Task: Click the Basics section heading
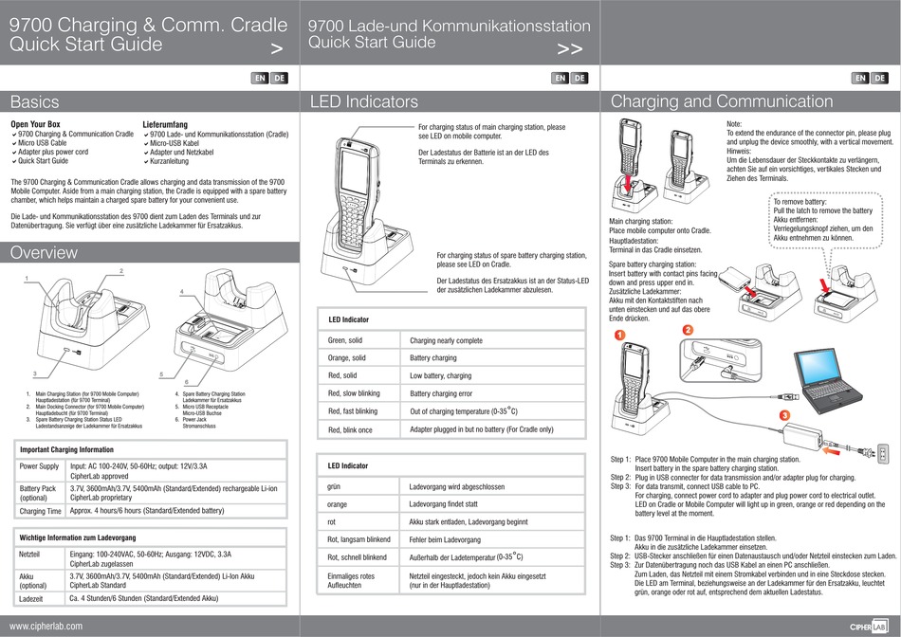click(x=35, y=101)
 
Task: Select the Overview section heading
click(x=44, y=252)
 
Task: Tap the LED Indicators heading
click(x=363, y=101)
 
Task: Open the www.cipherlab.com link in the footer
click(x=46, y=626)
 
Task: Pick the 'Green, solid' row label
click(x=345, y=340)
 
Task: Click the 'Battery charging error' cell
click(x=441, y=393)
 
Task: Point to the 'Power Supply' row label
click(x=40, y=466)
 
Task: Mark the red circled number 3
click(x=784, y=416)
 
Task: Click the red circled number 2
click(x=688, y=329)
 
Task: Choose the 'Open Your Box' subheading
click(x=35, y=124)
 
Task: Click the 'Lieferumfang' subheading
click(x=165, y=124)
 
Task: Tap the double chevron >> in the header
click(x=569, y=49)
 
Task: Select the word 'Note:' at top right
click(x=735, y=124)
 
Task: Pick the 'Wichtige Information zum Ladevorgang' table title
click(x=78, y=537)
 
